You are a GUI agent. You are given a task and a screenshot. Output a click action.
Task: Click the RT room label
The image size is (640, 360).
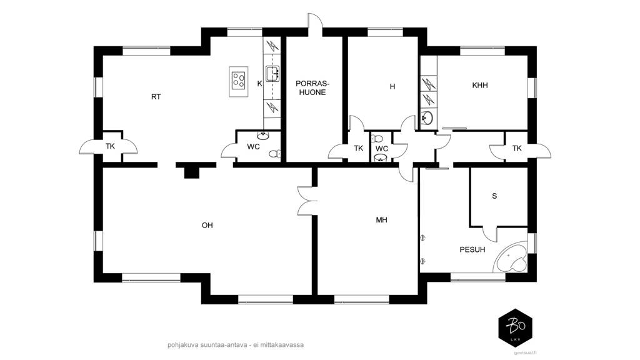[156, 97]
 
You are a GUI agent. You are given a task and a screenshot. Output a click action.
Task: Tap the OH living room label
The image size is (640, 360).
[207, 225]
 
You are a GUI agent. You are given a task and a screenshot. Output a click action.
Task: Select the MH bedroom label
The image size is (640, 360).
[382, 220]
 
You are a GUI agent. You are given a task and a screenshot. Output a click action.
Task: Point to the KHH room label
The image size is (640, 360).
[480, 85]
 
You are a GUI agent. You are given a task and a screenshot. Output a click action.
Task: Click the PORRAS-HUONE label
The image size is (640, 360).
[312, 88]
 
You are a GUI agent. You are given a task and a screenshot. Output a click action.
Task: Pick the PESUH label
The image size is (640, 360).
[472, 249]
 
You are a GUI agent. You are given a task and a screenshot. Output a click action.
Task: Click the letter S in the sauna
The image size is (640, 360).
[495, 196]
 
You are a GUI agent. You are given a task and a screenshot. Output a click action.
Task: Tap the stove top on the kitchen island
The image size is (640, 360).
[239, 81]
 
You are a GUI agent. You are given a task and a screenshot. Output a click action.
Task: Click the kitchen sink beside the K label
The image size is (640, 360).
[272, 74]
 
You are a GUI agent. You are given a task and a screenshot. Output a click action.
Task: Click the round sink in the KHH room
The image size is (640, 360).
[427, 118]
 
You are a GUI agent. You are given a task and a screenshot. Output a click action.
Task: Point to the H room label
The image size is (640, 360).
[392, 86]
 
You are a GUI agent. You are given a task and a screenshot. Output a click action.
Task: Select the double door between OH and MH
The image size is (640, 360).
[306, 201]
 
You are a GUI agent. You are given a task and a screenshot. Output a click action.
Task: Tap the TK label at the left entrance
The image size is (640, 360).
[110, 146]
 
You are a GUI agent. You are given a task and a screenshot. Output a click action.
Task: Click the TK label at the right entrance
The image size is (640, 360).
[517, 149]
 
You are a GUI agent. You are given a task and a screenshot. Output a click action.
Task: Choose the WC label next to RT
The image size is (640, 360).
[254, 147]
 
